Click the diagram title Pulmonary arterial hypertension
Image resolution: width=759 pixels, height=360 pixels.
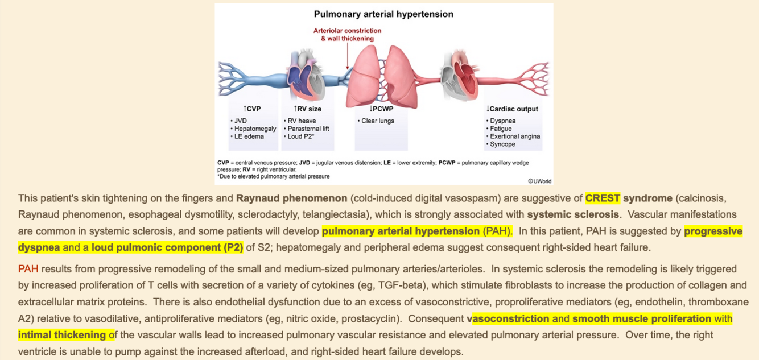tap(384, 14)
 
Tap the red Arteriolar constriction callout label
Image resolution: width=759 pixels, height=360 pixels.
tap(348, 31)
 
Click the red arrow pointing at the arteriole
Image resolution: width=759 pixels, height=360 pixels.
tap(348, 57)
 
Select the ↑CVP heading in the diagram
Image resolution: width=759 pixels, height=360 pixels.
tap(252, 109)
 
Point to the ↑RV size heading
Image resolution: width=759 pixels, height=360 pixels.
tap(307, 109)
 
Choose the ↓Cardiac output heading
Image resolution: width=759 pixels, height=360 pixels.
tap(512, 109)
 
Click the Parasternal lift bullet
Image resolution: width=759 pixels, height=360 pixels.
tap(308, 129)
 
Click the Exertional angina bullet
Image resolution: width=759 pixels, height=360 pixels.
tap(515, 136)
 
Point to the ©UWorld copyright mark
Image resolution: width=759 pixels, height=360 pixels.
tap(539, 181)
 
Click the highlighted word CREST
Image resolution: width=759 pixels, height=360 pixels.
tap(603, 198)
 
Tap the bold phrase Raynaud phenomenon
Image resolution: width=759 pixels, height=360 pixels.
tap(292, 198)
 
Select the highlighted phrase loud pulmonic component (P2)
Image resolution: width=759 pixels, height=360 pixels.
tap(167, 247)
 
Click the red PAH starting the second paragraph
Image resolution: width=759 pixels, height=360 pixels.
tap(28, 269)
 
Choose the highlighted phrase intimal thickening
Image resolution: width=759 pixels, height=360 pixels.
tap(62, 334)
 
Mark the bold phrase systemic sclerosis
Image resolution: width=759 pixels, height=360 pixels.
tap(573, 215)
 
